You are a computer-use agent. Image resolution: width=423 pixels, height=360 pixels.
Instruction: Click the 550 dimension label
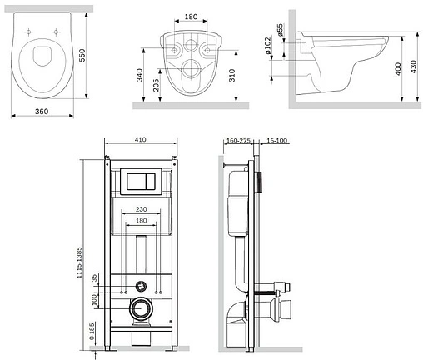click(82, 55)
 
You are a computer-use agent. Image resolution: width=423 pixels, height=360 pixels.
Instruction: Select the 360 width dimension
click(42, 112)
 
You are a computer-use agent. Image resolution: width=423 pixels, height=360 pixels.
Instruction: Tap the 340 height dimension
click(139, 75)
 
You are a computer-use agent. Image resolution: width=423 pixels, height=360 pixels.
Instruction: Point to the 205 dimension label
click(156, 85)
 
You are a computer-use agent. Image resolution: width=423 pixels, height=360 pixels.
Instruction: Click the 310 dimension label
click(232, 75)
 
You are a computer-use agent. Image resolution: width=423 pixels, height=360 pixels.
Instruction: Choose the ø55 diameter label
click(281, 30)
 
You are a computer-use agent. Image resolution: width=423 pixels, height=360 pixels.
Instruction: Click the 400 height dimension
click(398, 69)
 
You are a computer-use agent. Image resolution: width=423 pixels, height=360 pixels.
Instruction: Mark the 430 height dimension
click(414, 67)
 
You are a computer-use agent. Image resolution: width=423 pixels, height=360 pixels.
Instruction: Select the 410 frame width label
click(141, 139)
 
